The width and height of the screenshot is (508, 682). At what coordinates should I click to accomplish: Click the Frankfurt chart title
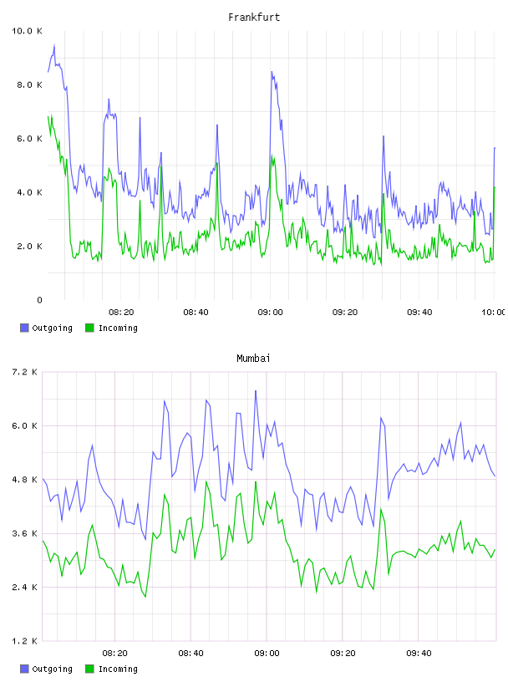254,18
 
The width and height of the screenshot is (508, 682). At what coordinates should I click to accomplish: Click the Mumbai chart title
253,359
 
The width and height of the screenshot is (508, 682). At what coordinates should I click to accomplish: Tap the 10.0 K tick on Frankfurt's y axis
27,31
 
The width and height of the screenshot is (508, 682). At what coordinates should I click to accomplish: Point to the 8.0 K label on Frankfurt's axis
29,84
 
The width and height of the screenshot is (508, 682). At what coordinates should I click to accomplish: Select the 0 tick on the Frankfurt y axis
39,300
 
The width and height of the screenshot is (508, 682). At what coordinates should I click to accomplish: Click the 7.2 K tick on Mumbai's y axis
24,372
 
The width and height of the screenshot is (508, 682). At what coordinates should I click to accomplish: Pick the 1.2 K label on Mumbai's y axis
24,641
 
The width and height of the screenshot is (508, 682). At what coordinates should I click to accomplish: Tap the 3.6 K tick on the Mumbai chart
24,534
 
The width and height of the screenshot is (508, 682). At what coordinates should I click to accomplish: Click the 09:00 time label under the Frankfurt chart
270,313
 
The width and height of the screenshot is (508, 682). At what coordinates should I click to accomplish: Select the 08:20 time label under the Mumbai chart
114,654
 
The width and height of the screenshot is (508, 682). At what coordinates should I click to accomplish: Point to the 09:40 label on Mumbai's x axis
419,654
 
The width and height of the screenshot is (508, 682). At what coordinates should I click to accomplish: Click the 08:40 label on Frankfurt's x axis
196,313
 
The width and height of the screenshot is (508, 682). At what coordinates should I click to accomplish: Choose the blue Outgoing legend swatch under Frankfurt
24,328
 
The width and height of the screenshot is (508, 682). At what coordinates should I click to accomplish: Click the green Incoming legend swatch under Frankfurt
89,328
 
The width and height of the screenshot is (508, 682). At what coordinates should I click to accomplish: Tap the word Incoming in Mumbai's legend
118,669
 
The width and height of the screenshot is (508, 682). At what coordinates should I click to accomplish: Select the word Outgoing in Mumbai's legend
52,669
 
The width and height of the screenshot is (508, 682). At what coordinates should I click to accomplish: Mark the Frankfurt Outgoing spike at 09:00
272,72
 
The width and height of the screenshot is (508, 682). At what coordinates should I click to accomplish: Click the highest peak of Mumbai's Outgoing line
256,390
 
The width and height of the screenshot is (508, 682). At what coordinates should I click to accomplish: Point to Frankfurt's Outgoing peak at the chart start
54,44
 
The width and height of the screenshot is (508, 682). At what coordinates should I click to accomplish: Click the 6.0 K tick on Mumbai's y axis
24,426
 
